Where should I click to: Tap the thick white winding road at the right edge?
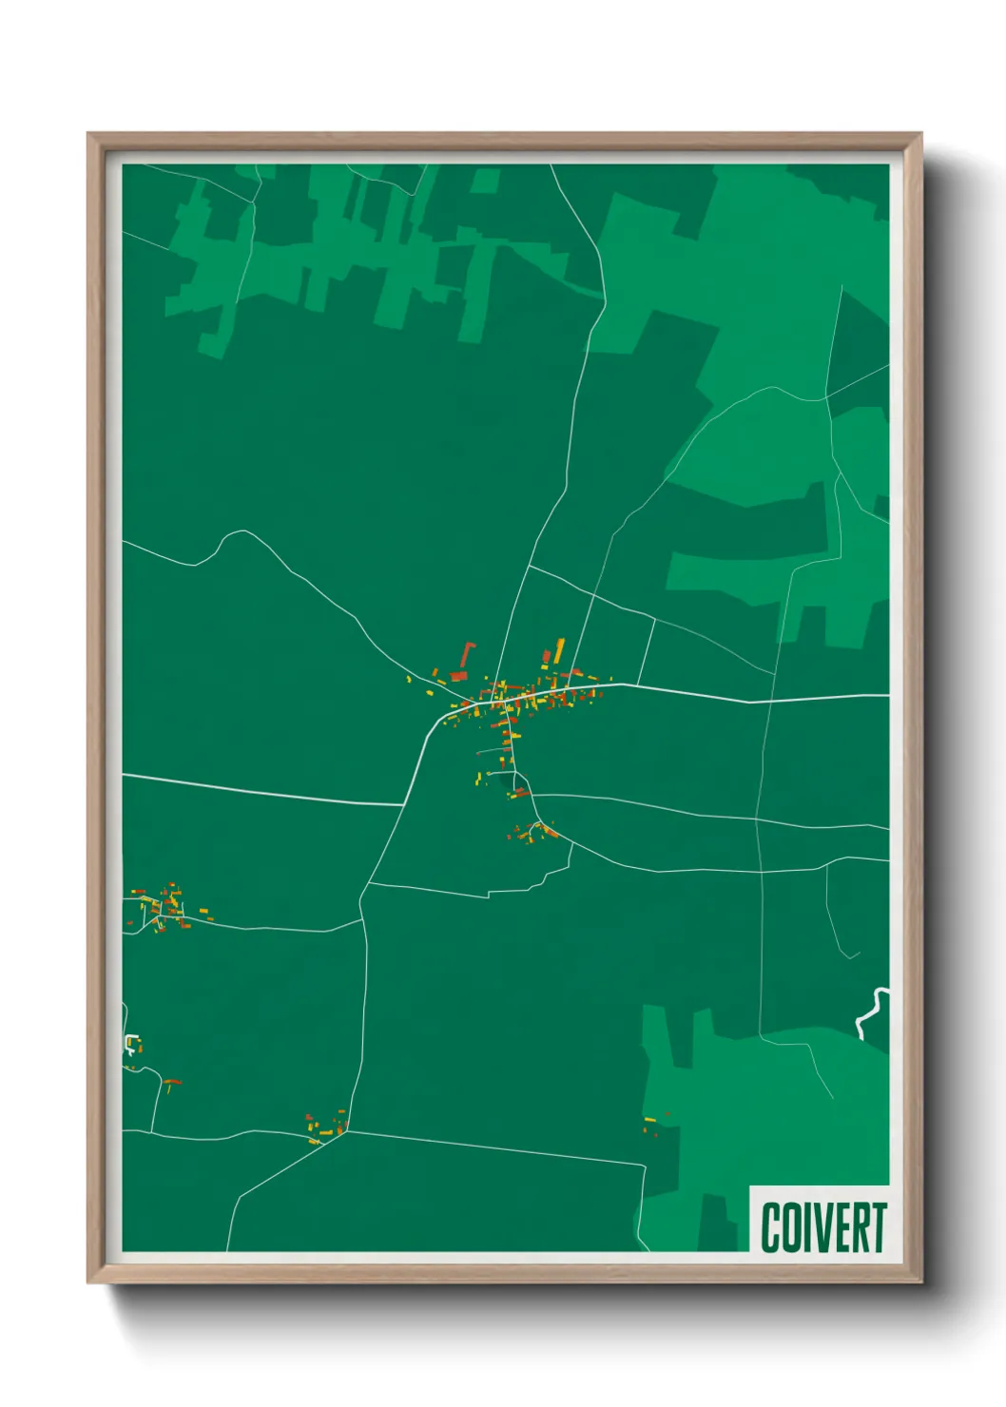click(871, 1013)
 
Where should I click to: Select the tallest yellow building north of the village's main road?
click(559, 650)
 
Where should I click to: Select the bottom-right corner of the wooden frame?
click(919, 1280)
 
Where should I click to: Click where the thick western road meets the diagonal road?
click(404, 805)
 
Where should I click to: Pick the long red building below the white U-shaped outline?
click(171, 1082)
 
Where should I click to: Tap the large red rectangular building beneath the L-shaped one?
click(458, 676)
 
